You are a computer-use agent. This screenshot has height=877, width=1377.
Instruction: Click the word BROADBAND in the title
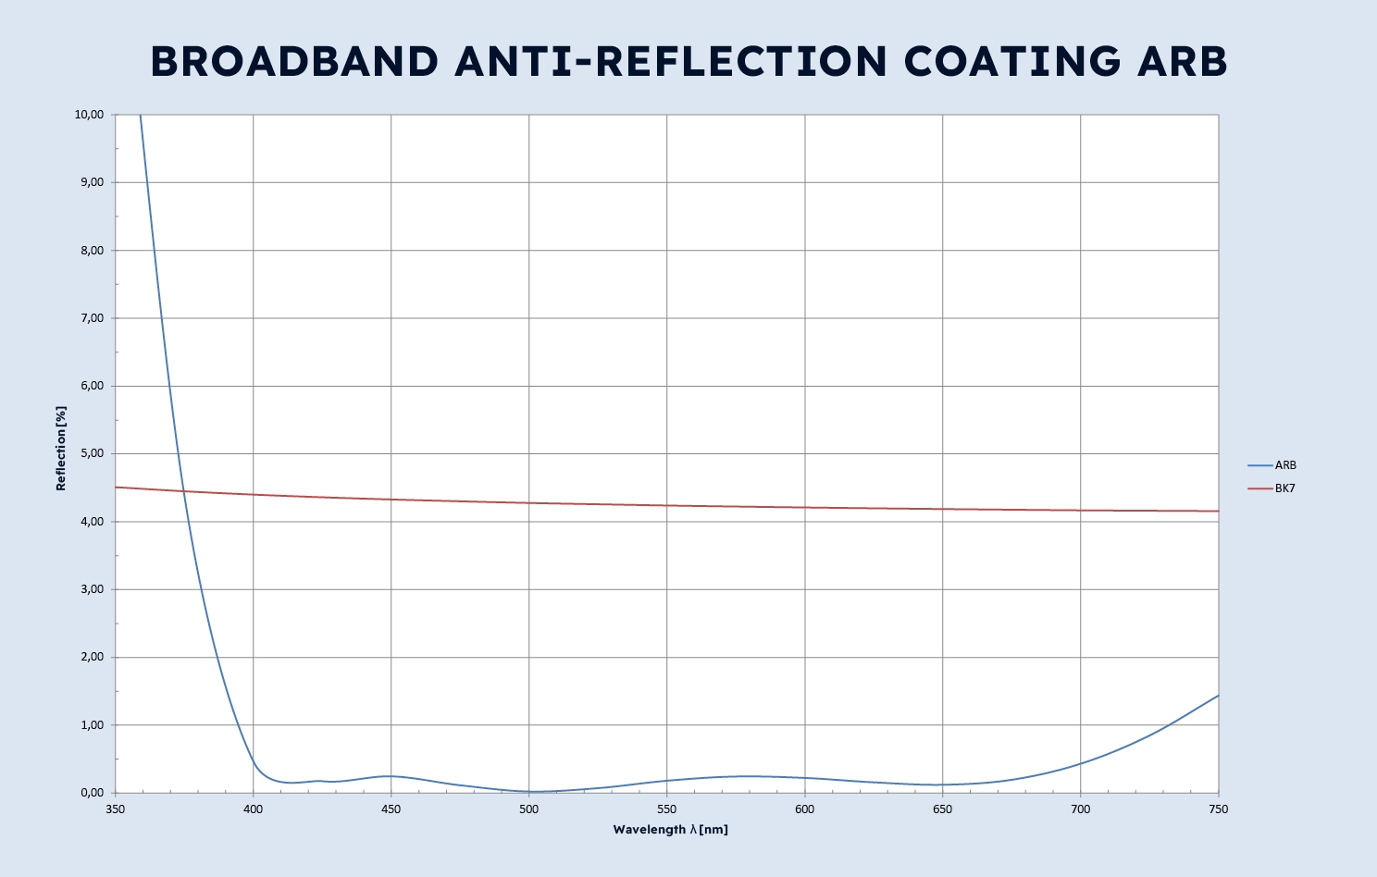click(294, 62)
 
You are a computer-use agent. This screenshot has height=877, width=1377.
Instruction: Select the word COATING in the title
click(1012, 62)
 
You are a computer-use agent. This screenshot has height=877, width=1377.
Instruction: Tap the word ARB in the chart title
click(1183, 62)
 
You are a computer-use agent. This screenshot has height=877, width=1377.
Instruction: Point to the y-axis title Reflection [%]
click(61, 448)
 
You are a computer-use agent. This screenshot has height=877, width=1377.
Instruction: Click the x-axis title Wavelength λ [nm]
click(670, 830)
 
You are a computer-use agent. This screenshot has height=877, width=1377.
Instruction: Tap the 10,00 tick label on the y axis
click(89, 115)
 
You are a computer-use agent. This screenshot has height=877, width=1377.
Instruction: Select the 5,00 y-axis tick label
click(91, 454)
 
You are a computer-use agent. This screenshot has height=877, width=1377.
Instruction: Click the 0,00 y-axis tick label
click(91, 793)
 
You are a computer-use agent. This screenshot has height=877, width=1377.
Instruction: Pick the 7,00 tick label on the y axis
click(91, 318)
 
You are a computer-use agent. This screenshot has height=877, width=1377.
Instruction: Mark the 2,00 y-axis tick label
click(91, 658)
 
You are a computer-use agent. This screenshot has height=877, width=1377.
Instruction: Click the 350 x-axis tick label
click(116, 809)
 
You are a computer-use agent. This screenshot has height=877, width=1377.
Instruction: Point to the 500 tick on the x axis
click(528, 809)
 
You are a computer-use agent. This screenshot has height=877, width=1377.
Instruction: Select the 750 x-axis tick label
click(1219, 809)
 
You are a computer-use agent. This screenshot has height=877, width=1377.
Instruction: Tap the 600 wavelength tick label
click(804, 809)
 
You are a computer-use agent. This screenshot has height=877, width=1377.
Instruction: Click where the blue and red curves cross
click(184, 490)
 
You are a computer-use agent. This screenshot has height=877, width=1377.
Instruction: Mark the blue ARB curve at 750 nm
click(1218, 696)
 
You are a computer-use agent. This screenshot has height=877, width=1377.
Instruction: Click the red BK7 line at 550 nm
click(666, 505)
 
